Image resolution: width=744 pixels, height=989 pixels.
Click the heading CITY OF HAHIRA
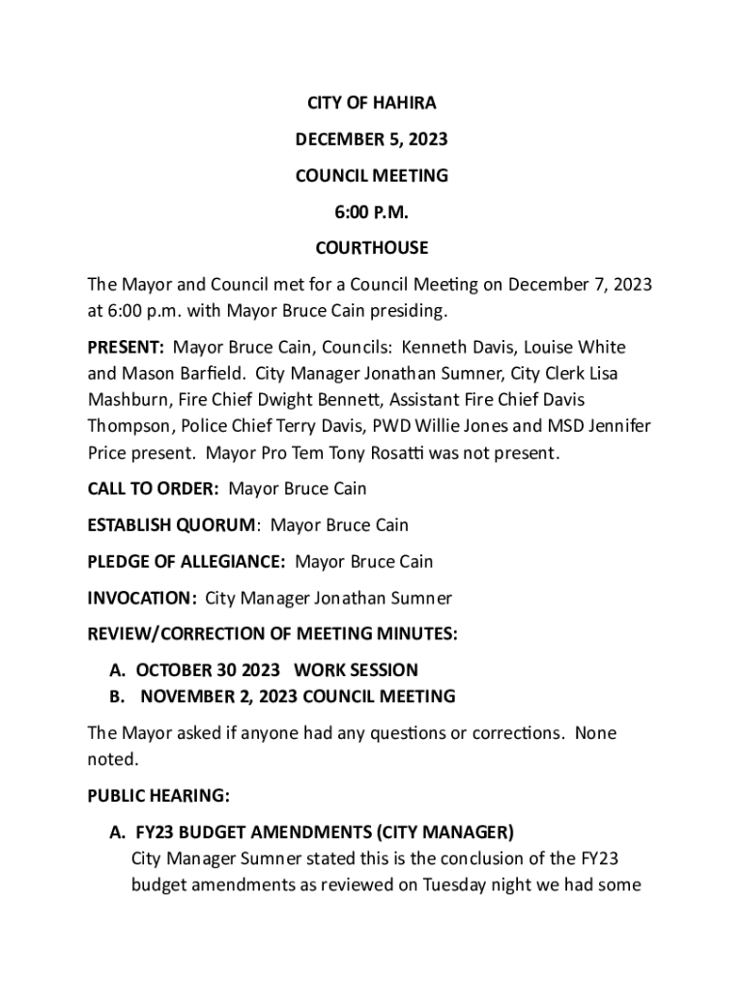(x=371, y=103)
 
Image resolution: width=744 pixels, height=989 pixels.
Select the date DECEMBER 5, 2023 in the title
(x=371, y=140)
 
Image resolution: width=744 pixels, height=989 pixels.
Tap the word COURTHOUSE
(x=371, y=248)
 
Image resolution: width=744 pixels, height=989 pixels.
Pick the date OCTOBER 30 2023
(x=209, y=670)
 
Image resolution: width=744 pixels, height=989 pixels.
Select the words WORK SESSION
(x=356, y=670)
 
